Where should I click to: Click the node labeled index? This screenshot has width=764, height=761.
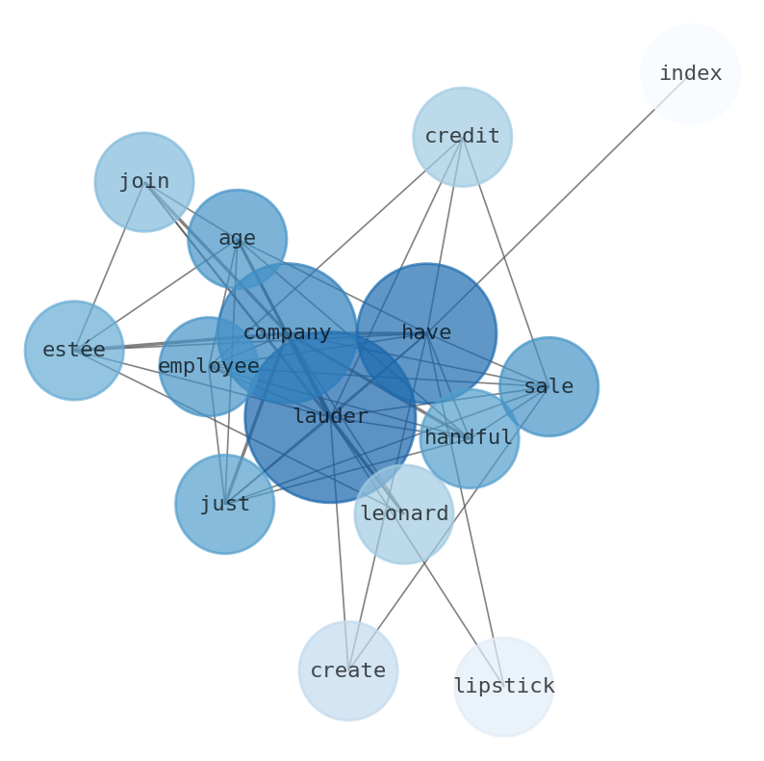[x=690, y=73]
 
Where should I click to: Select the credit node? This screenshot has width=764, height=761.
[x=462, y=137]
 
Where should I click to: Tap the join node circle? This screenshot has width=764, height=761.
[x=143, y=181]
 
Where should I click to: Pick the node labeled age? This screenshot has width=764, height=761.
[x=237, y=238]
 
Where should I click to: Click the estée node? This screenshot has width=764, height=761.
[x=74, y=350]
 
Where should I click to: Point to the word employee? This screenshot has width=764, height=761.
[x=209, y=366]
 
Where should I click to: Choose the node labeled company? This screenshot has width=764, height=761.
[x=287, y=333]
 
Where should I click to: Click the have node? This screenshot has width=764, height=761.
[x=426, y=333]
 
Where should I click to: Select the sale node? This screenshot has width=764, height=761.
[x=548, y=386]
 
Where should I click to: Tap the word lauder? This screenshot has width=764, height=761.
[x=330, y=416]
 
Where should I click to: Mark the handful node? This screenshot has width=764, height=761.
[x=469, y=438]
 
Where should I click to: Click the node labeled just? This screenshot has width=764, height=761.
[x=224, y=504]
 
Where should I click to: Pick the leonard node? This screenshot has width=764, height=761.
[x=404, y=513]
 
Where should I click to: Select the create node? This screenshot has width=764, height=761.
[x=348, y=670]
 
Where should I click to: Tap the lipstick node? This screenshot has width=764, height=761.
[x=504, y=686]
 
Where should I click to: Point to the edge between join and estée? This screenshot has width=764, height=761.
[x=109, y=266]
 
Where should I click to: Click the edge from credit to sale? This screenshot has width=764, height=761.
[x=505, y=262]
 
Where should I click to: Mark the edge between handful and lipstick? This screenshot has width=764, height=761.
[x=487, y=568]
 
